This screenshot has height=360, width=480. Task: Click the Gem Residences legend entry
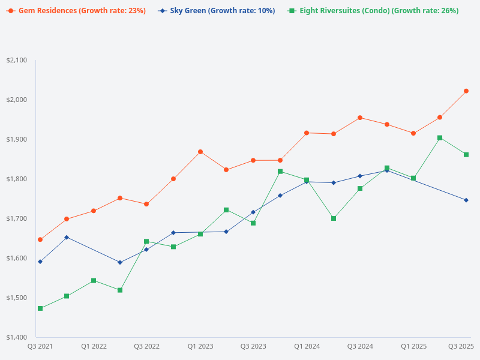click(x=77, y=11)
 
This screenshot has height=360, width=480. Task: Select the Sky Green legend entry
click(x=217, y=11)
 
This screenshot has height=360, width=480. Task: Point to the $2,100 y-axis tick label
click(x=16, y=60)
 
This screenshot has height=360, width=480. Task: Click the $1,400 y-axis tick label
click(x=16, y=337)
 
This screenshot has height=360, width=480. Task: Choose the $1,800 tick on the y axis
click(x=16, y=179)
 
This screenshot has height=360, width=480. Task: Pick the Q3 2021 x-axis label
click(x=40, y=346)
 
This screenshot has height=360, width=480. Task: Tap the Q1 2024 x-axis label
click(x=307, y=346)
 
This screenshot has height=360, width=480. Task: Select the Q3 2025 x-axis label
click(x=461, y=346)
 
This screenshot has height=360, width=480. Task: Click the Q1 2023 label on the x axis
click(x=200, y=346)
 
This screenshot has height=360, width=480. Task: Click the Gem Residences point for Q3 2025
click(x=466, y=91)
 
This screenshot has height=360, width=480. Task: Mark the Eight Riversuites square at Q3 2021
click(x=40, y=308)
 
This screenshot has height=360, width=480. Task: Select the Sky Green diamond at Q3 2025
click(x=466, y=200)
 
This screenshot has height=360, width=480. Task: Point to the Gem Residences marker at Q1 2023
click(x=200, y=152)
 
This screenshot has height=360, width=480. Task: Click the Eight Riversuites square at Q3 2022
click(x=146, y=241)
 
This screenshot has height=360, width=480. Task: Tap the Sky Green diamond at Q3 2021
click(x=40, y=262)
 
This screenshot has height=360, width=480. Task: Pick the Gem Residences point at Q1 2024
click(x=307, y=133)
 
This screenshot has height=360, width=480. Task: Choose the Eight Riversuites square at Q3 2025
click(x=466, y=155)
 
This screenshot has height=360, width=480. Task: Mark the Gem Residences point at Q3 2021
click(x=40, y=239)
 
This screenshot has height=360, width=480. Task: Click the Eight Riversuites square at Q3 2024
click(x=360, y=188)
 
